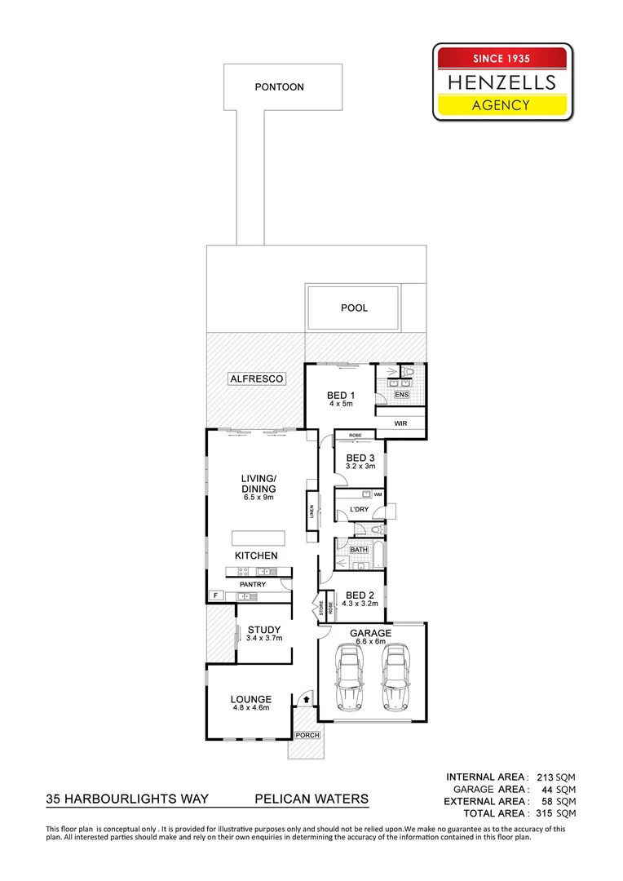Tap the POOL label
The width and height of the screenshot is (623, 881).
tap(354, 308)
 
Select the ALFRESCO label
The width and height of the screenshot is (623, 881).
tap(255, 379)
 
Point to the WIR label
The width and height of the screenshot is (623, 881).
tap(400, 424)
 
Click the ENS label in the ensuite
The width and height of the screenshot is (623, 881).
tap(400, 395)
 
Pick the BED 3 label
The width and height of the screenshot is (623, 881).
tap(360, 458)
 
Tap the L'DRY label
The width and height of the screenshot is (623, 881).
tap(359, 510)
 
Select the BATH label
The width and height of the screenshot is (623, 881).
tap(359, 550)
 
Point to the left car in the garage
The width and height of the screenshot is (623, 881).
tap(348, 677)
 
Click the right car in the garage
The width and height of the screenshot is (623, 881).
tap(395, 677)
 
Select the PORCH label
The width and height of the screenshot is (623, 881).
tap(307, 735)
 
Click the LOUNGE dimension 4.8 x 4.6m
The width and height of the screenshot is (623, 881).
tap(250, 710)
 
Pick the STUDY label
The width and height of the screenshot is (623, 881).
tap(263, 629)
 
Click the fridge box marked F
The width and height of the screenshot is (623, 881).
tap(216, 595)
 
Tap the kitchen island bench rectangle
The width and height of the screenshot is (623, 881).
tap(258, 538)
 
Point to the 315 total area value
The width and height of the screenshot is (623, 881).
tap(545, 813)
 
